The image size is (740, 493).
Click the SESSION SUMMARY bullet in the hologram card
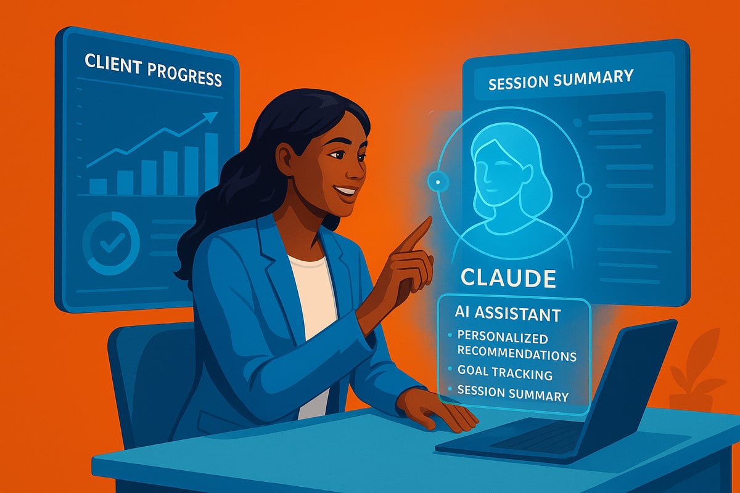click(512, 396)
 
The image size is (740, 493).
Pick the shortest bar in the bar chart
click(98, 186)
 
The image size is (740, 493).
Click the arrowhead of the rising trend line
click(213, 115)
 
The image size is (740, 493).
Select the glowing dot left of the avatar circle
click(438, 182)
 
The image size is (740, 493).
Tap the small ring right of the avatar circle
click(583, 190)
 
